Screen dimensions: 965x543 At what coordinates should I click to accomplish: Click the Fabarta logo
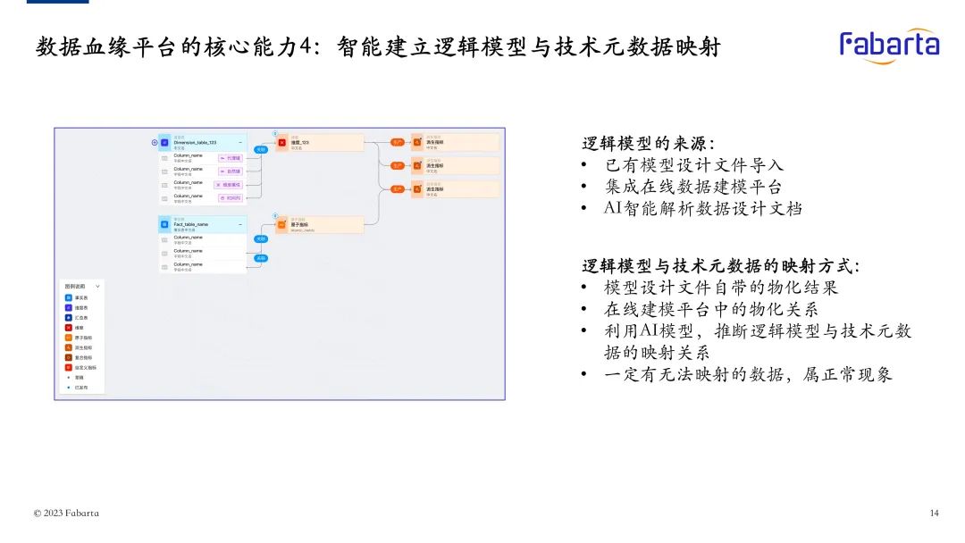click(889, 46)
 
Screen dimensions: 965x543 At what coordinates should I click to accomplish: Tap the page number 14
click(934, 513)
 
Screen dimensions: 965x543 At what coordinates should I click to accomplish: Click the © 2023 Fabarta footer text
click(66, 513)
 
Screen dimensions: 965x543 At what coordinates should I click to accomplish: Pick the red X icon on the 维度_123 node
click(282, 142)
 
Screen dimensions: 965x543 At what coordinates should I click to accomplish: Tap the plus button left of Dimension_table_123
click(155, 142)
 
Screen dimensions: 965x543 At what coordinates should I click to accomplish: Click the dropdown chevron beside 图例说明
click(97, 286)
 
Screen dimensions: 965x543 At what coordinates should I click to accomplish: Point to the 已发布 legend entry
click(78, 388)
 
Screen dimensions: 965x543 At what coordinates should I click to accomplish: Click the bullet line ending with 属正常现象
click(748, 374)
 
